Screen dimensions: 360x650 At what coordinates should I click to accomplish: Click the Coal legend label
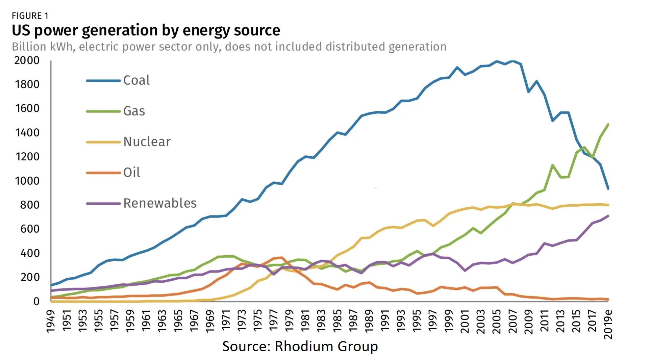click(x=136, y=80)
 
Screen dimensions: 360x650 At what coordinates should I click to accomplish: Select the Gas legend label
click(x=134, y=111)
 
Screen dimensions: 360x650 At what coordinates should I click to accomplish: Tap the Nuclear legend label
click(x=147, y=142)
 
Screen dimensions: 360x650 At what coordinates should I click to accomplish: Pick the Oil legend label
click(x=131, y=173)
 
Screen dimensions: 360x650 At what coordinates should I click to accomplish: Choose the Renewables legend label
click(x=160, y=203)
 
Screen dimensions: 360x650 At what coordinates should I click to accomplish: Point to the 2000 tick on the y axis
click(x=27, y=60)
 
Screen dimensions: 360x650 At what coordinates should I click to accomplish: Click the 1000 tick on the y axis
click(x=27, y=181)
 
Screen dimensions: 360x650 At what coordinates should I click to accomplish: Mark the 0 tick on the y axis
click(x=36, y=302)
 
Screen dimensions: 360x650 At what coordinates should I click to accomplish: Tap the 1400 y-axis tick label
click(x=27, y=133)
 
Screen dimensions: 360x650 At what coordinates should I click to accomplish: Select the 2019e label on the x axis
click(x=608, y=324)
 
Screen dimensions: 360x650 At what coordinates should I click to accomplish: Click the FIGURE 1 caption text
click(x=30, y=16)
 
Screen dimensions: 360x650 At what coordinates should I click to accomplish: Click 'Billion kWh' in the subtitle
click(x=43, y=47)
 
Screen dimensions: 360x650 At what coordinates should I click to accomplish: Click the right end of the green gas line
click(x=608, y=124)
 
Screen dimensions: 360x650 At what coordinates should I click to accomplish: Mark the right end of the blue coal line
click(x=608, y=189)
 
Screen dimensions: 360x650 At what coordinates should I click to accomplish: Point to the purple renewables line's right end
click(x=608, y=216)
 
